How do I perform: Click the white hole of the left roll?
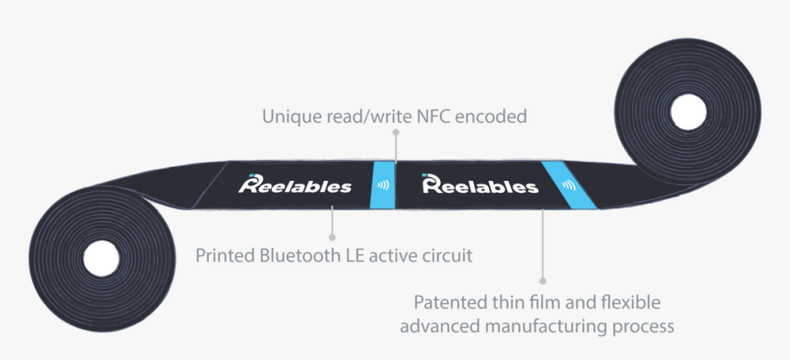pyautogui.click(x=95, y=259)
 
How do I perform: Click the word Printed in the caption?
pyautogui.click(x=225, y=254)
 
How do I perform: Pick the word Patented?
pyautogui.click(x=450, y=303)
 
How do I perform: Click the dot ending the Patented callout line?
pyautogui.click(x=542, y=280)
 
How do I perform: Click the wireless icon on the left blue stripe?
pyautogui.click(x=382, y=185)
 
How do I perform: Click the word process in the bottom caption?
pyautogui.click(x=647, y=326)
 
